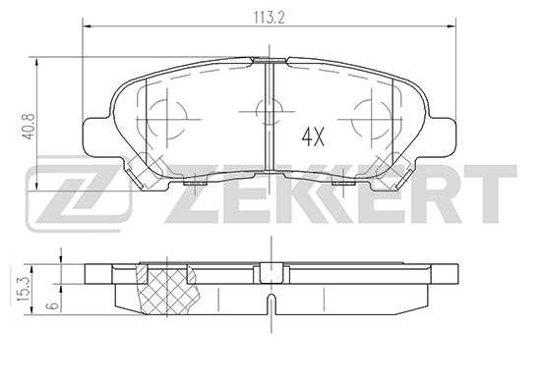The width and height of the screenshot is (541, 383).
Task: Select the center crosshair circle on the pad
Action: coord(267,110)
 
